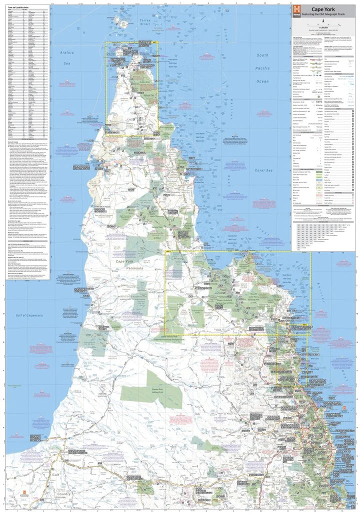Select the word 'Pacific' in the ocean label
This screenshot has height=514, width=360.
click(x=262, y=67)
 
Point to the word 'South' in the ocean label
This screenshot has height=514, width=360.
click(x=262, y=55)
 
